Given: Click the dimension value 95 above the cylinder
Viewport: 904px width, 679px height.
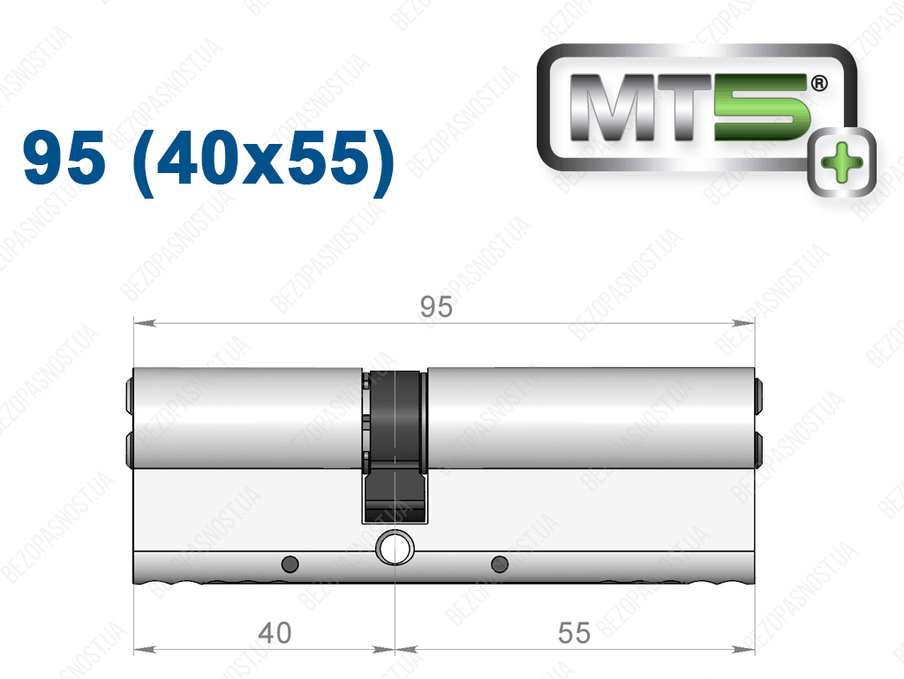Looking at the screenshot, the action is point(436,306).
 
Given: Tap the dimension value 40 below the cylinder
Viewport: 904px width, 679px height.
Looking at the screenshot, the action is point(275,633).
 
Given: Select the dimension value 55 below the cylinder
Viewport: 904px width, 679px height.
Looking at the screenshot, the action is point(574,633).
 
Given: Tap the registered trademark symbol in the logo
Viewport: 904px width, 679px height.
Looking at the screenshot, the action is point(818,83).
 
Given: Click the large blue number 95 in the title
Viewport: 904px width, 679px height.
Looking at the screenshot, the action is point(64,157).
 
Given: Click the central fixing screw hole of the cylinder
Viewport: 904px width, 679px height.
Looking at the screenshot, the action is point(395,547).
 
